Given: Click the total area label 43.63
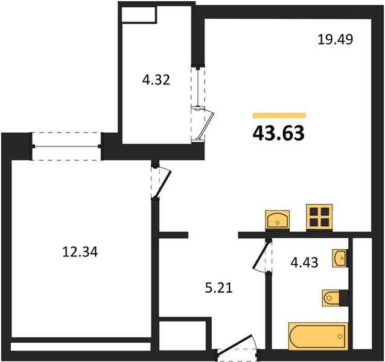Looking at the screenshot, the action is (x=278, y=133).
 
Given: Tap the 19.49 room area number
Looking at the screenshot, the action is (x=335, y=39).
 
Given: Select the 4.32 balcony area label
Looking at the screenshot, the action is (x=156, y=80).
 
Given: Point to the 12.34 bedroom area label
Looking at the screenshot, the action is (x=80, y=252).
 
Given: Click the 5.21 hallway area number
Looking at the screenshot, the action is (x=219, y=288).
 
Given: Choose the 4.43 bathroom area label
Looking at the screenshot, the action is (x=305, y=262).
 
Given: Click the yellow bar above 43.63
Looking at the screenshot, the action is (x=279, y=115).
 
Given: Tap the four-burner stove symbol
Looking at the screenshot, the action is (x=319, y=217).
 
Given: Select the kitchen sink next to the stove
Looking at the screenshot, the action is (x=278, y=220).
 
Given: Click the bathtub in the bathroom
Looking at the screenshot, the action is (x=319, y=336).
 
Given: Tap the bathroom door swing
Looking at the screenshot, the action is (x=262, y=256).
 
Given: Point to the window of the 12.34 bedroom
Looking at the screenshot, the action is (x=66, y=147).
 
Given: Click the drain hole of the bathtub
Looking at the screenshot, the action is (x=340, y=336).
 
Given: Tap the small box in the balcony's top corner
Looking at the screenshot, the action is (x=139, y=14).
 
